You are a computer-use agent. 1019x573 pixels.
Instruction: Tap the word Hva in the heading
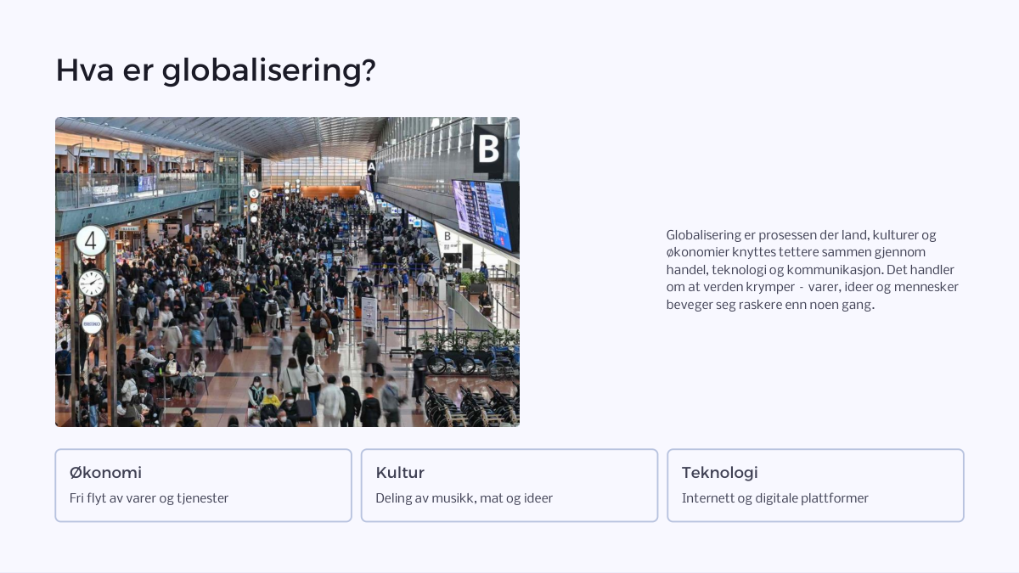click(85, 70)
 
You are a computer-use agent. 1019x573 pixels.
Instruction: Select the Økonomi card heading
click(105, 473)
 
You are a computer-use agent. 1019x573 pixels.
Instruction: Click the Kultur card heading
click(400, 473)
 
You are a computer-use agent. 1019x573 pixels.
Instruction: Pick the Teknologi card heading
click(720, 473)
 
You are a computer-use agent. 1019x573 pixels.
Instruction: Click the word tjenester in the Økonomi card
click(202, 498)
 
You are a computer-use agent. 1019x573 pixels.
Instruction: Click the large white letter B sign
click(489, 149)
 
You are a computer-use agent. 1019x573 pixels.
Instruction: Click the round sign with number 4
click(92, 240)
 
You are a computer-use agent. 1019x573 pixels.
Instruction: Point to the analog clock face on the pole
click(92, 284)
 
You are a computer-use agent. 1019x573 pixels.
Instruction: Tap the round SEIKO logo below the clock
click(92, 323)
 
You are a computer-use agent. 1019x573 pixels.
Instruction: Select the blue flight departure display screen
click(482, 215)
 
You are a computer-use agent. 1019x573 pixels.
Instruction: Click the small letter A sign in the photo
click(372, 167)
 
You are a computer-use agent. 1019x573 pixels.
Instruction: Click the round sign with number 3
click(254, 194)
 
